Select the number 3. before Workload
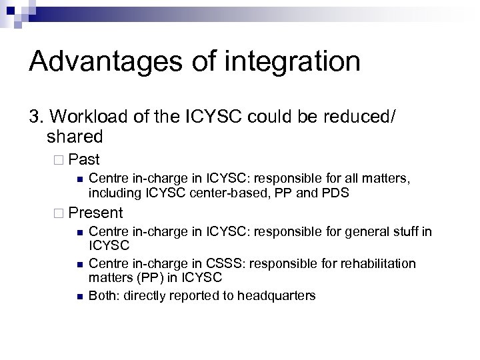[37, 118]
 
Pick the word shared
[75, 138]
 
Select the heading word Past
[84, 160]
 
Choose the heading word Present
[95, 213]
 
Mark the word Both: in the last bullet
[104, 295]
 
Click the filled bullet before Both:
[79, 295]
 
